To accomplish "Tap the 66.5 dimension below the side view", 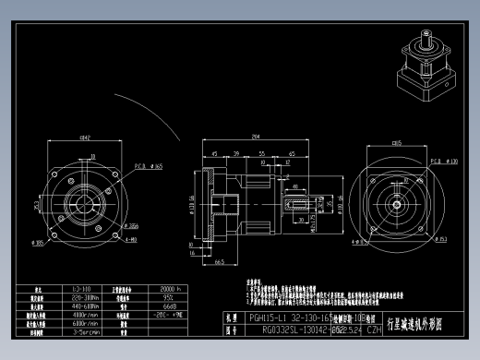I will tap(220, 262).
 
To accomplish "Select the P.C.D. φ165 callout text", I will tap(150, 167).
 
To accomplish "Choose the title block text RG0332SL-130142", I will tap(279, 328).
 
